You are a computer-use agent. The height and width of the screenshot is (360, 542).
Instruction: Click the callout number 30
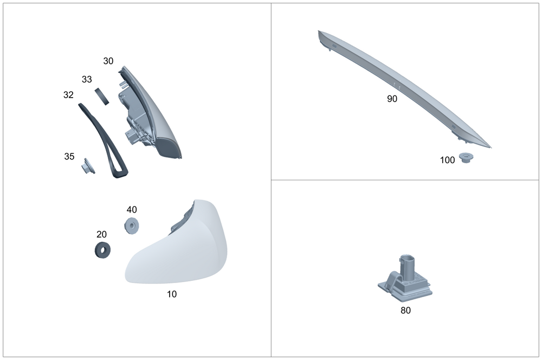[x=108, y=61]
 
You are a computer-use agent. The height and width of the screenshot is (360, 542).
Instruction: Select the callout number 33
[x=87, y=79]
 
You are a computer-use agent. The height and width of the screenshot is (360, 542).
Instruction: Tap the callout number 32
[x=68, y=95]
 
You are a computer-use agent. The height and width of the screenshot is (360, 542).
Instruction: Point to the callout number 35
[x=69, y=156]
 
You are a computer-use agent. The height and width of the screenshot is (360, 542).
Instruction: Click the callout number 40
[x=132, y=210]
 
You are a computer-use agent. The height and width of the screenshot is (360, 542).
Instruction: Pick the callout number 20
[x=101, y=234]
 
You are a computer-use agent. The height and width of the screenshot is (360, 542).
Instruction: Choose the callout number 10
[x=172, y=294]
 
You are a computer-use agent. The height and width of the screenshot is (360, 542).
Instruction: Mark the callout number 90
[x=392, y=99]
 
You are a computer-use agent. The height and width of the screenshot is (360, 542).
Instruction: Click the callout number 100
[x=447, y=160]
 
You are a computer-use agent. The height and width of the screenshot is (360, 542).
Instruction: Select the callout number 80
[x=405, y=311]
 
